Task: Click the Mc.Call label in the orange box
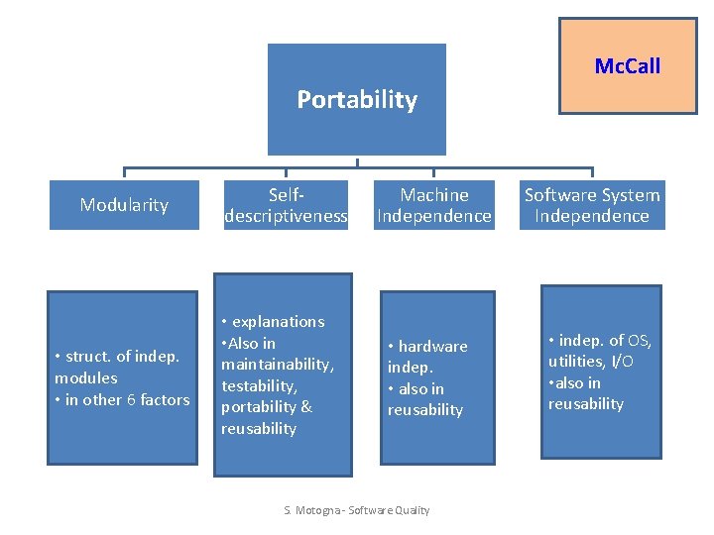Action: click(627, 66)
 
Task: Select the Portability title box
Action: click(357, 99)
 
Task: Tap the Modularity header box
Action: click(124, 205)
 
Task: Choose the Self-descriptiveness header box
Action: click(286, 205)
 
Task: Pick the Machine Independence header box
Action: click(434, 205)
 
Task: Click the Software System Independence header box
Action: click(592, 205)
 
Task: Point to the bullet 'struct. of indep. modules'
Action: click(117, 367)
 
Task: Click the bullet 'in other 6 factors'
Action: click(122, 399)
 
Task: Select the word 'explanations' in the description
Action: click(278, 321)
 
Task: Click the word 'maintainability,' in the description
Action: click(278, 365)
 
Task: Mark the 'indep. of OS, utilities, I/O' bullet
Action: click(600, 351)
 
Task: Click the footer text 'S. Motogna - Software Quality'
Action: click(357, 510)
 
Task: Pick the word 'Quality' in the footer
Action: click(410, 510)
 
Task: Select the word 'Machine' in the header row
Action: click(434, 195)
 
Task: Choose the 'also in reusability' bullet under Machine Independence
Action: click(425, 399)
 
